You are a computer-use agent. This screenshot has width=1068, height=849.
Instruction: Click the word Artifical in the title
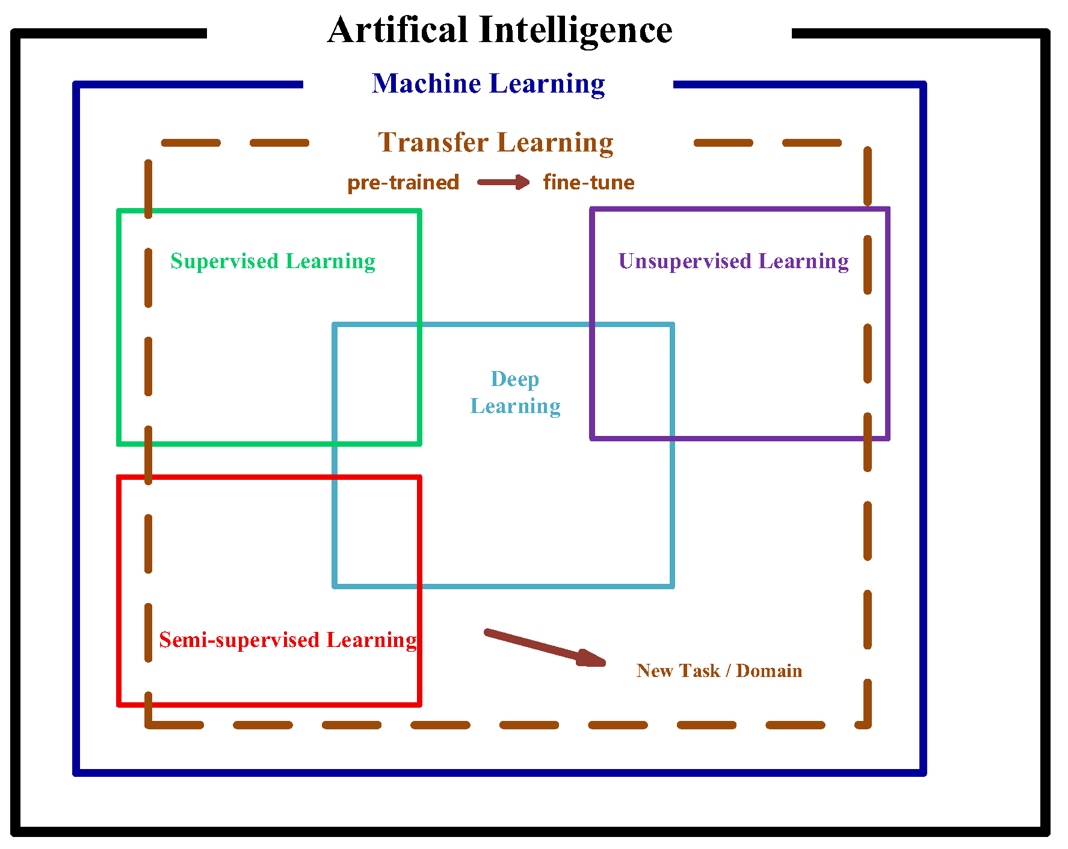(397, 30)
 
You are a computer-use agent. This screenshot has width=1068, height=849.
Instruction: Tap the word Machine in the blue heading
(426, 84)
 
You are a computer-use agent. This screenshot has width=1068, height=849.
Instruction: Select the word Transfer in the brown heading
(433, 143)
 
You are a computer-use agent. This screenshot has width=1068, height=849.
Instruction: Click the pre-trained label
(403, 182)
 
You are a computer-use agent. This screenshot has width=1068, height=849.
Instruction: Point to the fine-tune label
(588, 182)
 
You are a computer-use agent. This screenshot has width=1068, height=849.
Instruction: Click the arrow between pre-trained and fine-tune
(503, 182)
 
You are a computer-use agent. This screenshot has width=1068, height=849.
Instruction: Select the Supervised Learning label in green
(273, 262)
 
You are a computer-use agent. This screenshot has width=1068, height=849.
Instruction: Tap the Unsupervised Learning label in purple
(733, 262)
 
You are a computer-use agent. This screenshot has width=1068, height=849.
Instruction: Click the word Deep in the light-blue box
(515, 379)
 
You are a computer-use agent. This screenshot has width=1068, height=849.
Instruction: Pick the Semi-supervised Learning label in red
(288, 640)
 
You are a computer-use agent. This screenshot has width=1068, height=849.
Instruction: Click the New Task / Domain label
(719, 670)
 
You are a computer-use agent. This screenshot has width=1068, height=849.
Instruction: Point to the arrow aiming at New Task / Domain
(545, 648)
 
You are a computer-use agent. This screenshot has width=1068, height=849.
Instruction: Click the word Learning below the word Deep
(515, 406)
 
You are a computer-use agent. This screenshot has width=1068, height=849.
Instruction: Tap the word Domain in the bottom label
(769, 670)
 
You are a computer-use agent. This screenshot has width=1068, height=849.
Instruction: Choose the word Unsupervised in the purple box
(685, 262)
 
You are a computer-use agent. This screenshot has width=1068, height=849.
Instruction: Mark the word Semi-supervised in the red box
(239, 640)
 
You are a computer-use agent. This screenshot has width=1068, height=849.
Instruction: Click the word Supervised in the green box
(224, 262)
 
